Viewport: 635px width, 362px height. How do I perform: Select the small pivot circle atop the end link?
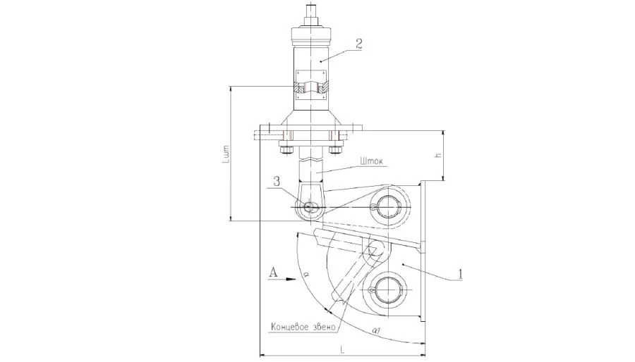tap(373, 247)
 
